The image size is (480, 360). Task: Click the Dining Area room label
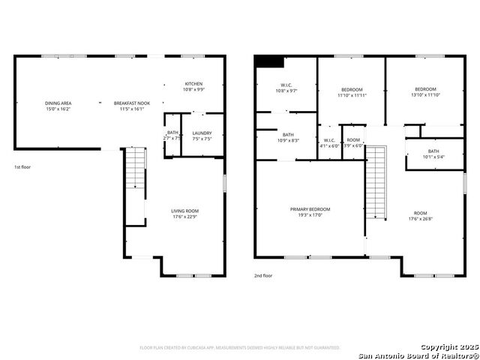(58, 106)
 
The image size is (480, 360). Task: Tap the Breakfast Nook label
(131, 106)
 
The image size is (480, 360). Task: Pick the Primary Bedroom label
(310, 212)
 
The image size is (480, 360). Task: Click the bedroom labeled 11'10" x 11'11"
(351, 91)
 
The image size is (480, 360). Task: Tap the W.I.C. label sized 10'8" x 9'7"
(286, 87)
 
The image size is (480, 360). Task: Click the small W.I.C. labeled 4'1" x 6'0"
(329, 142)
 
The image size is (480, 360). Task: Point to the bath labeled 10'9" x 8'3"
(288, 137)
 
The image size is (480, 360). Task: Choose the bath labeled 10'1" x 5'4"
(433, 154)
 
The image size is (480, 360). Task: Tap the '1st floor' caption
(23, 167)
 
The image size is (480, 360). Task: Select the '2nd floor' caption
(263, 275)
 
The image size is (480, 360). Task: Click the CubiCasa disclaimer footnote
(240, 348)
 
